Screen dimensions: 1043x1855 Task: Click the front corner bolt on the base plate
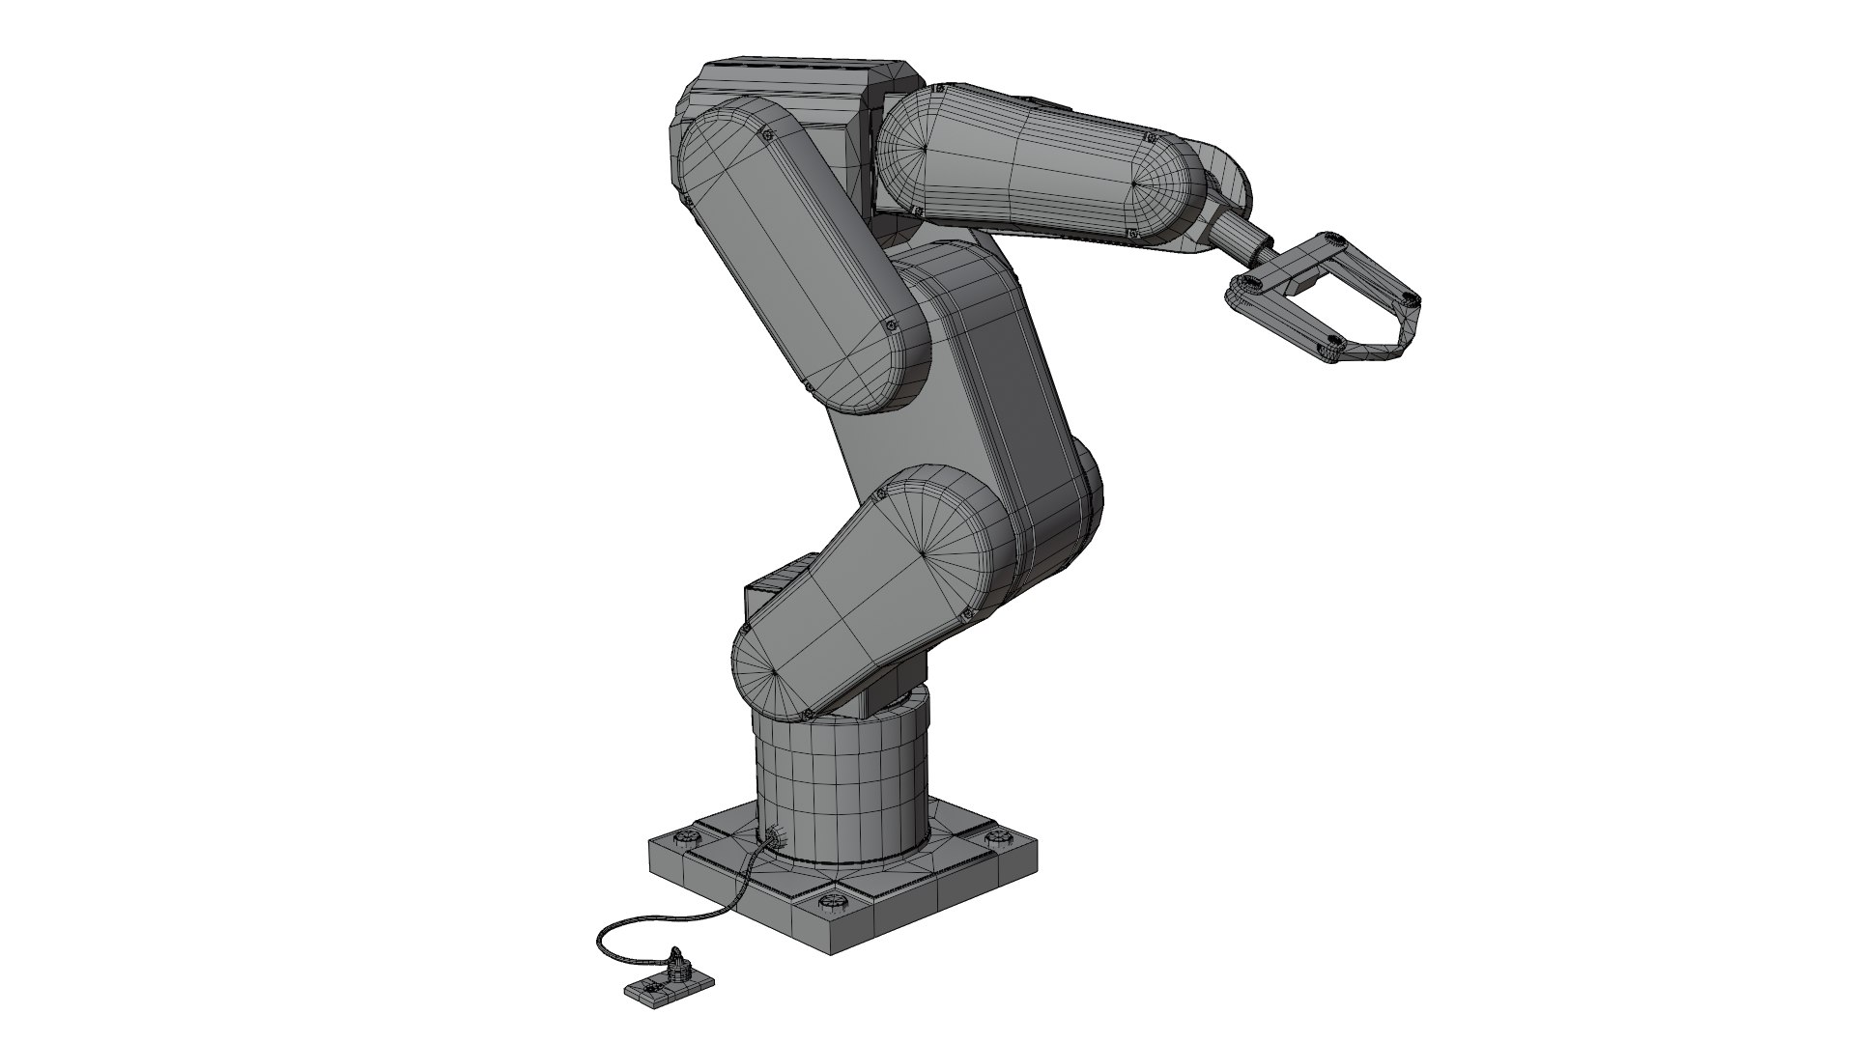point(830,902)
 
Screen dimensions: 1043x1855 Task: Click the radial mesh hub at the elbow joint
point(925,552)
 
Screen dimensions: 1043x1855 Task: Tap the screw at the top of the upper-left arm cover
point(767,136)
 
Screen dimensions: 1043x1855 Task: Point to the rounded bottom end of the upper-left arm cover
point(874,372)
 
